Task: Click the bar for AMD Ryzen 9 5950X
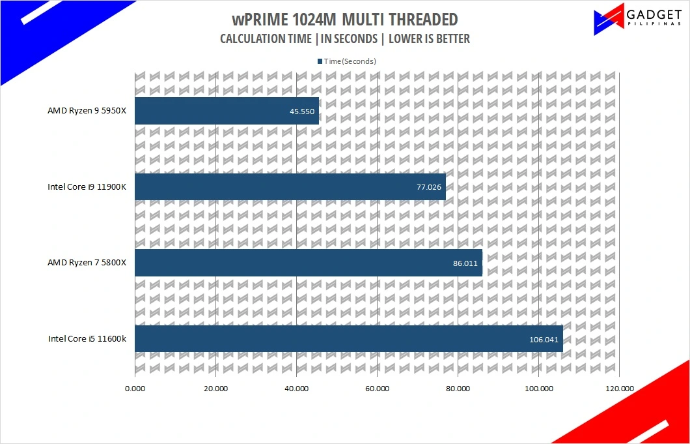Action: click(x=227, y=111)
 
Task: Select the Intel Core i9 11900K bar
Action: click(x=290, y=186)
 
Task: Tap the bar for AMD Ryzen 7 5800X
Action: click(x=309, y=263)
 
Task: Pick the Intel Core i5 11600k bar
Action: click(x=348, y=338)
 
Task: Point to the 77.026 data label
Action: click(x=428, y=187)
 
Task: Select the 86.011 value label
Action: click(x=465, y=263)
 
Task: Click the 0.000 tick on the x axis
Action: click(x=135, y=389)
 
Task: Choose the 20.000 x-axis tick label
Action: click(x=215, y=389)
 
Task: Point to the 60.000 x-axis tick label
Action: click(x=377, y=389)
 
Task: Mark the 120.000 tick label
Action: click(x=620, y=389)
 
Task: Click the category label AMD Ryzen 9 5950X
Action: click(x=87, y=111)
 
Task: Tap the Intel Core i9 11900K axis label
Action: click(x=87, y=187)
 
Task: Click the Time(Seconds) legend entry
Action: click(x=346, y=61)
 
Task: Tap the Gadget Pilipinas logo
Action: click(x=638, y=18)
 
